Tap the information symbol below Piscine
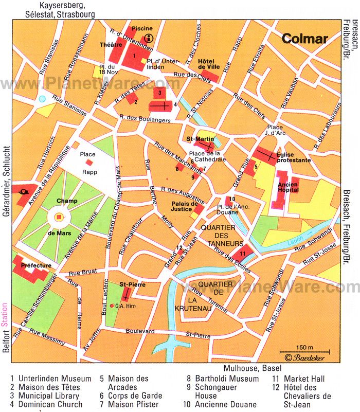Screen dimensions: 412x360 (x=149, y=37)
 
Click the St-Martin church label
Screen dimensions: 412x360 (x=197, y=138)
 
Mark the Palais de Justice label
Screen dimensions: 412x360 (x=185, y=206)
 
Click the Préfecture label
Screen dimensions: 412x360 (x=36, y=265)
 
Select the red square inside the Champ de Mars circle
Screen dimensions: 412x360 (x=59, y=218)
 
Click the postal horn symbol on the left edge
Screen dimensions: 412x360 (x=24, y=192)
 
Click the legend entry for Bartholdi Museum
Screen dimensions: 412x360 (x=222, y=379)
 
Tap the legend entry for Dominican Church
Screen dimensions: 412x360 (x=49, y=404)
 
